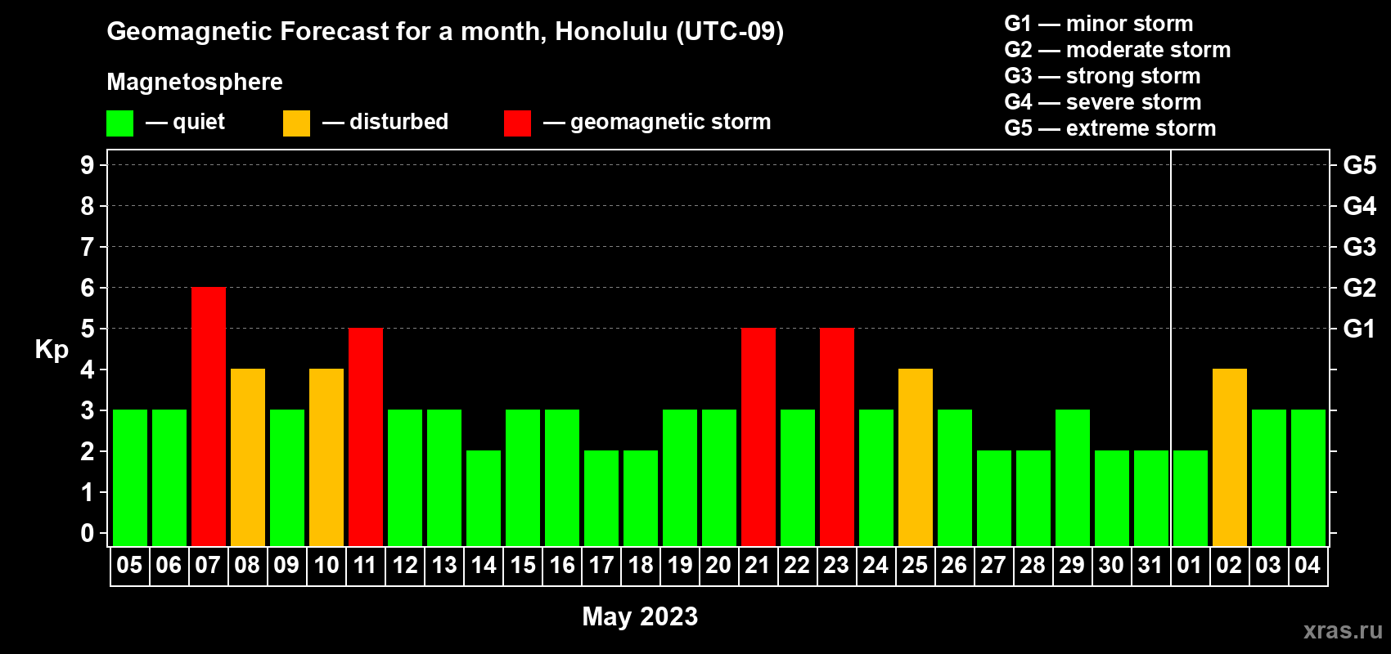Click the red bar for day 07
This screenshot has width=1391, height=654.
click(x=209, y=416)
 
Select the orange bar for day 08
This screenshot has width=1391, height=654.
click(x=248, y=457)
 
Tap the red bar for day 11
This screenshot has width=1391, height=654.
click(x=366, y=437)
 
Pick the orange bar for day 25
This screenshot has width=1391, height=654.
click(x=916, y=457)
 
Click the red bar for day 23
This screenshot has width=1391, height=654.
click(x=837, y=437)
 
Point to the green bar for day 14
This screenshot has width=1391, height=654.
click(x=484, y=498)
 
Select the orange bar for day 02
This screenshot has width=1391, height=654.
click(x=1230, y=457)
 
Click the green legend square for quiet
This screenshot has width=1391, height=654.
click(x=119, y=123)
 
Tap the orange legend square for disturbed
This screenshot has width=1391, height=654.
click(x=296, y=123)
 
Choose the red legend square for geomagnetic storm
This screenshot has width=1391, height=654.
click(x=517, y=123)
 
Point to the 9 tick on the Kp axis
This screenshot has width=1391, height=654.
click(x=87, y=165)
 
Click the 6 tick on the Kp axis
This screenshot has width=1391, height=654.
click(x=87, y=288)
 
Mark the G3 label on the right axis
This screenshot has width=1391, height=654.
click(x=1360, y=247)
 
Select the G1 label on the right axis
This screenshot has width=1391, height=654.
click(x=1360, y=329)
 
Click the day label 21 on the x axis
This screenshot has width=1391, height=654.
click(x=758, y=565)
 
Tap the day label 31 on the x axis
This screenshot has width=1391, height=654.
click(x=1150, y=565)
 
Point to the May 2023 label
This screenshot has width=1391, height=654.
click(x=640, y=616)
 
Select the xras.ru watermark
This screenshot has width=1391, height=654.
click(x=1343, y=630)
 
